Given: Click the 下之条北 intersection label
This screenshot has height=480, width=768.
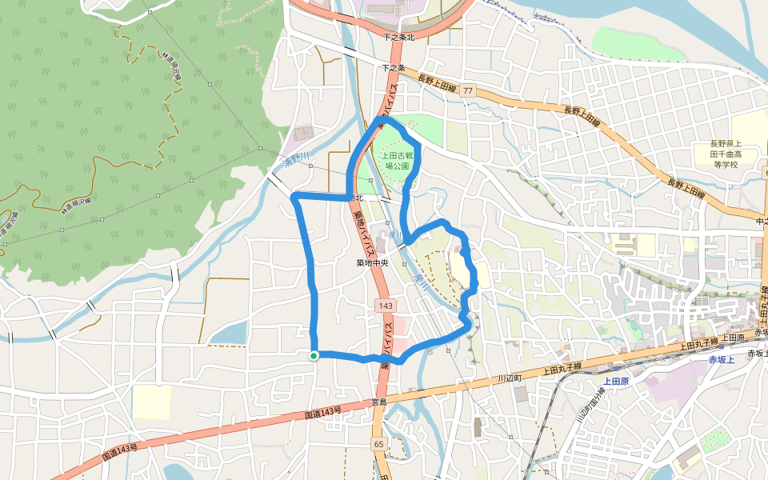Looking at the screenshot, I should pos(398,38).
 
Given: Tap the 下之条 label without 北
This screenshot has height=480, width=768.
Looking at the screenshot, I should pos(394,68).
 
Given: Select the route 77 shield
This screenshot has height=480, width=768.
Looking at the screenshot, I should pos(467,91).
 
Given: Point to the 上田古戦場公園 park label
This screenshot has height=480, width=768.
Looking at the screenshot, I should pos(398,160).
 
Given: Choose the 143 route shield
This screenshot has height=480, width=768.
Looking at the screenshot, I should pos(386,306).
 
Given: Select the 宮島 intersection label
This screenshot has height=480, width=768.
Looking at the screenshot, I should pos(379,402).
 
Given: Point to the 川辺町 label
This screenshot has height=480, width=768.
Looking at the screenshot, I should pos(509,377).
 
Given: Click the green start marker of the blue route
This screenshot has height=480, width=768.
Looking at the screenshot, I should pos(314,355).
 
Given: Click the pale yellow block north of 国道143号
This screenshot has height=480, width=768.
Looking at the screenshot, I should pos(151,402).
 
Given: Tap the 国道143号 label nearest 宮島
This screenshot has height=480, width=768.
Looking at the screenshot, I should pos(323,414).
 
